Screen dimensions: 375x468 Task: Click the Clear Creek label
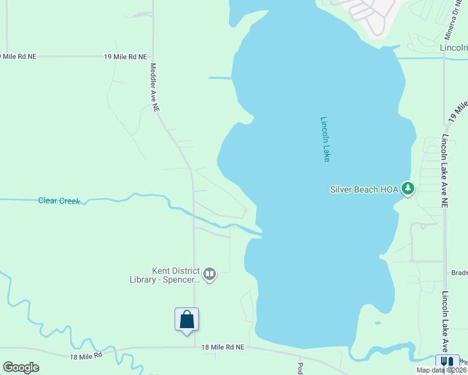[59, 201]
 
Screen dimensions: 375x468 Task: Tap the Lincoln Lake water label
[325, 139]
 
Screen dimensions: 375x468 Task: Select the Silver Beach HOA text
[364, 189]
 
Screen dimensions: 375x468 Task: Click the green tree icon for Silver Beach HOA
[408, 187]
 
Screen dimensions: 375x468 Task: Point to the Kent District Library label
[176, 275]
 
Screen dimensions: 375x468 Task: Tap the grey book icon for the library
[210, 273]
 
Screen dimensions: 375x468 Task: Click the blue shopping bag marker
[186, 319]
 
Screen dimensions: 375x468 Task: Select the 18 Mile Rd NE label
[222, 347]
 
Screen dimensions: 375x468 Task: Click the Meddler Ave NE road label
[154, 87]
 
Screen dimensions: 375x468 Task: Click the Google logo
[21, 367]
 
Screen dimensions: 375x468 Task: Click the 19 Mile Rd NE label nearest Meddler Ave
[125, 56]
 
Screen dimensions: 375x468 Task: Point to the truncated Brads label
[459, 272]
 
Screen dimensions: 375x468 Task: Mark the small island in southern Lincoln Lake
[377, 323]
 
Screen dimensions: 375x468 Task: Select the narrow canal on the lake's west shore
[220, 77]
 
